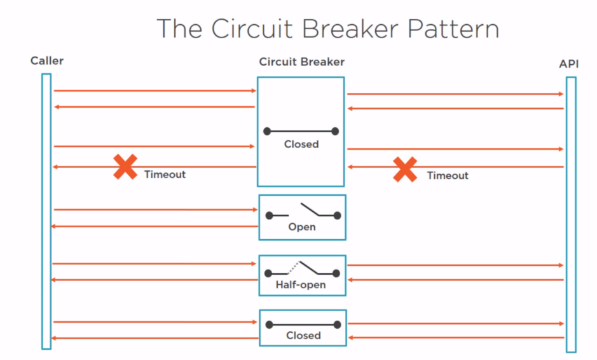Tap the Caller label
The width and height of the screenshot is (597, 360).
click(47, 61)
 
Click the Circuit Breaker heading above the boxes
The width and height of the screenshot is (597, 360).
click(301, 62)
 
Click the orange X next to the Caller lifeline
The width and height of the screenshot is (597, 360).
click(125, 167)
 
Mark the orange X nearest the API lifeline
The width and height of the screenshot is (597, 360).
click(405, 169)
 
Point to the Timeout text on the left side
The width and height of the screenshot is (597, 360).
click(165, 174)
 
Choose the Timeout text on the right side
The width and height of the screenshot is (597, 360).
click(448, 176)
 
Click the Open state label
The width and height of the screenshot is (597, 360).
click(301, 227)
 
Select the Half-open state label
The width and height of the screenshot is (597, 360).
click(301, 285)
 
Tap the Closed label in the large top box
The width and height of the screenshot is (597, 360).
click(301, 144)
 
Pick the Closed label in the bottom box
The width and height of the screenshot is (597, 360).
click(303, 335)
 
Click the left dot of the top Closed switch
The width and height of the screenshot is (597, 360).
click(267, 132)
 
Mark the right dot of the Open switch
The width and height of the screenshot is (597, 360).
click(337, 216)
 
